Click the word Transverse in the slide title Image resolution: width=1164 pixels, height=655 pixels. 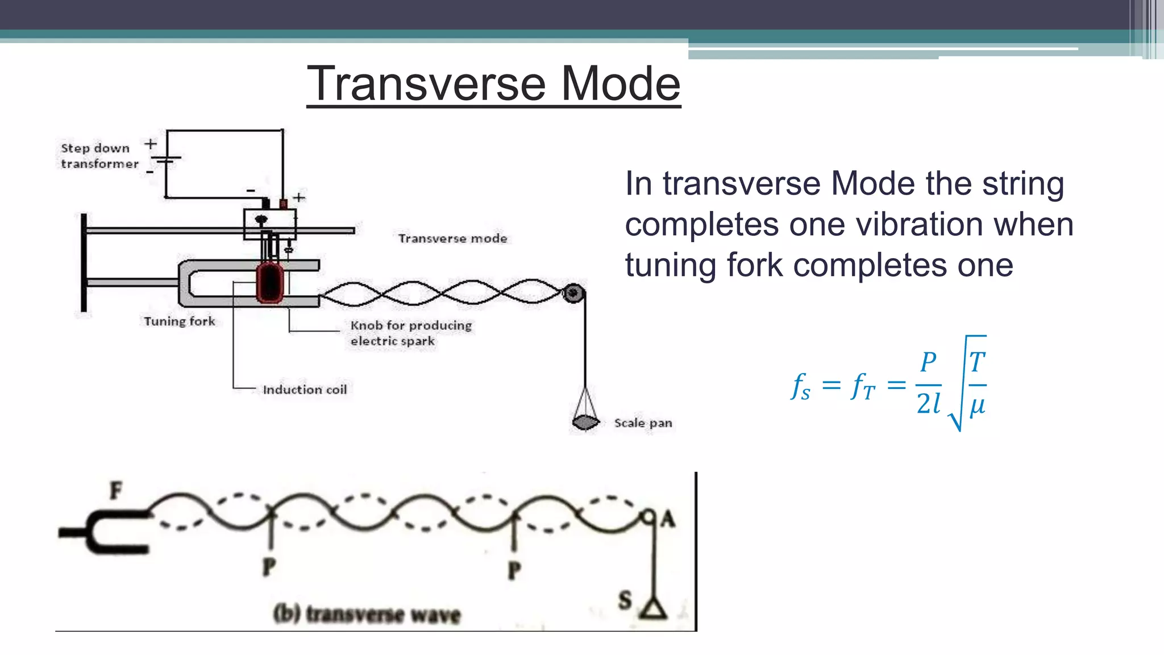[x=426, y=84]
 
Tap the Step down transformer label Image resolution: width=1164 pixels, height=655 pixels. [x=99, y=156]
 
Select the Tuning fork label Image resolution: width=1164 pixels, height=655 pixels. [x=180, y=321]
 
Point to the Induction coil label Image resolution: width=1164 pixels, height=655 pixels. [x=305, y=390]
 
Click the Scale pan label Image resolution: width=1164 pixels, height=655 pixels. [x=643, y=423]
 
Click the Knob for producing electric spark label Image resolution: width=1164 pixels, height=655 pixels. [x=410, y=333]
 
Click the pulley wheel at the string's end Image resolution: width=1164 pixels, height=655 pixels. [x=573, y=293]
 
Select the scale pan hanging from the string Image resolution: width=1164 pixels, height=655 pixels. [x=585, y=421]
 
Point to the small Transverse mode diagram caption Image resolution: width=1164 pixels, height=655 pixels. [x=452, y=239]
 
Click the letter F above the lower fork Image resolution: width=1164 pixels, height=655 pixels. [x=116, y=490]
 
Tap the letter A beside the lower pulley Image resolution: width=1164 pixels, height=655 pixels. [x=668, y=519]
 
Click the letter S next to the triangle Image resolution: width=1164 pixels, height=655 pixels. [x=625, y=600]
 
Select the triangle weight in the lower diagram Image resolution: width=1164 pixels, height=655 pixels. [x=654, y=610]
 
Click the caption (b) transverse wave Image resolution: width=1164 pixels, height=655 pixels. [x=367, y=614]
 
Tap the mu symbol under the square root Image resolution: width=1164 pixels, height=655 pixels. [x=977, y=406]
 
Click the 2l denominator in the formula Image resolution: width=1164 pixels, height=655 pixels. [x=929, y=404]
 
